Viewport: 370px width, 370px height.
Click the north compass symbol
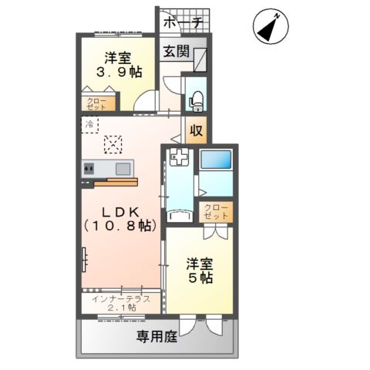coord(271,26)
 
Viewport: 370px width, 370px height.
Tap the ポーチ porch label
coord(183,22)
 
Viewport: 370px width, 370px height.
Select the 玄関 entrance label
coord(177,52)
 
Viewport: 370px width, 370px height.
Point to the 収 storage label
coord(197,130)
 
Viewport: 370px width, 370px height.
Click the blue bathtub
coord(216,160)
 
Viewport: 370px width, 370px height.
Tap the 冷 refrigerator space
coord(89,125)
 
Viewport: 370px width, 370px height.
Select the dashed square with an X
coord(113,145)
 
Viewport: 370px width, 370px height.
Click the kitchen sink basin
coord(123,169)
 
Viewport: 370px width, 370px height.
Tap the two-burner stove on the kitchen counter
coord(89,169)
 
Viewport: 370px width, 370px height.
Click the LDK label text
coord(121,212)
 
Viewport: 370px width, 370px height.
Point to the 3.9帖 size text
coord(119,72)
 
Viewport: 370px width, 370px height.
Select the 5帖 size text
coord(200,277)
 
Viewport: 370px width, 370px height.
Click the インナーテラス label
coord(121,299)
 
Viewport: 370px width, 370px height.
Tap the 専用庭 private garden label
coord(156,336)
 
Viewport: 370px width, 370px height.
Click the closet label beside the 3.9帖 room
coord(96,104)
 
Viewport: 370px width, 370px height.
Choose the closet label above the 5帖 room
coord(216,212)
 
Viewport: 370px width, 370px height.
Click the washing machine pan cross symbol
coord(179,156)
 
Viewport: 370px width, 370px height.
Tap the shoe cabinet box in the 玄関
coord(200,59)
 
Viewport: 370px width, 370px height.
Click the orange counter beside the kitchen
coord(116,182)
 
